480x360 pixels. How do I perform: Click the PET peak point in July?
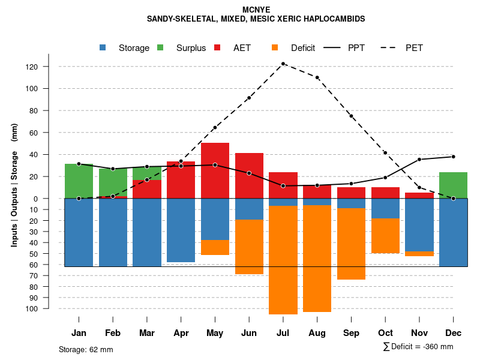pyautogui.click(x=283, y=64)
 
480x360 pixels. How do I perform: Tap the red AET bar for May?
pyautogui.click(x=215, y=170)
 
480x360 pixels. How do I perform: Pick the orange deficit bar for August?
pyautogui.click(x=317, y=259)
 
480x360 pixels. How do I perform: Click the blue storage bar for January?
pyautogui.click(x=79, y=232)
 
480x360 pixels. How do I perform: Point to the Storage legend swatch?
pyautogui.click(x=103, y=48)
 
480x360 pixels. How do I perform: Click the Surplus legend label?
pyautogui.click(x=191, y=48)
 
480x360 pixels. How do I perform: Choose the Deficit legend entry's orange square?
pyautogui.click(x=275, y=48)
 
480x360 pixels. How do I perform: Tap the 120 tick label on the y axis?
pyautogui.click(x=48, y=67)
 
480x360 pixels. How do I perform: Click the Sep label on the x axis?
pyautogui.click(x=351, y=333)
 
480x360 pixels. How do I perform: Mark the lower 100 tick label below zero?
pyautogui.click(x=48, y=308)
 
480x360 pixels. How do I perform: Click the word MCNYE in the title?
pyautogui.click(x=256, y=10)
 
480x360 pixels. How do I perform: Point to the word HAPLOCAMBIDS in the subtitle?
pyautogui.click(x=337, y=19)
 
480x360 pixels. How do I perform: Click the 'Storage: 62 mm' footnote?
pyautogui.click(x=86, y=349)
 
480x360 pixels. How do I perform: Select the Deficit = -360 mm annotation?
pyautogui.click(x=418, y=347)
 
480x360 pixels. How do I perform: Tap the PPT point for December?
pyautogui.click(x=453, y=157)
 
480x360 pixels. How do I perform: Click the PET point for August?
pyautogui.click(x=317, y=77)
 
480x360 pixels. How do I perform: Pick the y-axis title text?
pyautogui.click(x=14, y=185)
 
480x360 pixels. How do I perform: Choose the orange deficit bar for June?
pyautogui.click(x=249, y=247)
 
